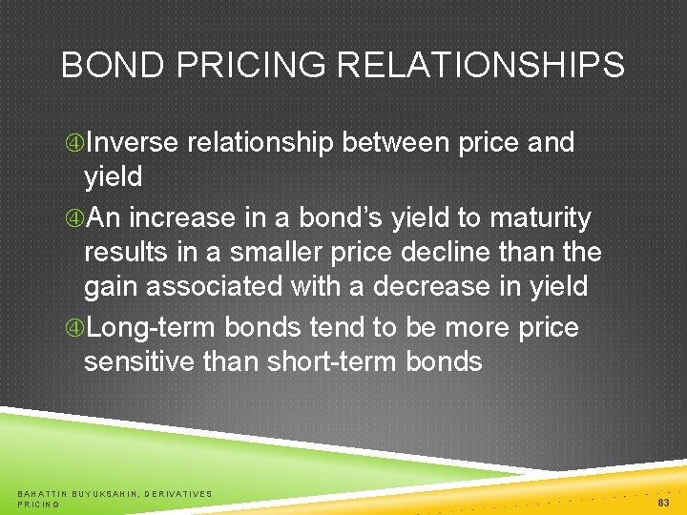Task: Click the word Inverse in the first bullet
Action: tap(133, 143)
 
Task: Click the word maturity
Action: tap(540, 218)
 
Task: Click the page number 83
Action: tap(663, 502)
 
